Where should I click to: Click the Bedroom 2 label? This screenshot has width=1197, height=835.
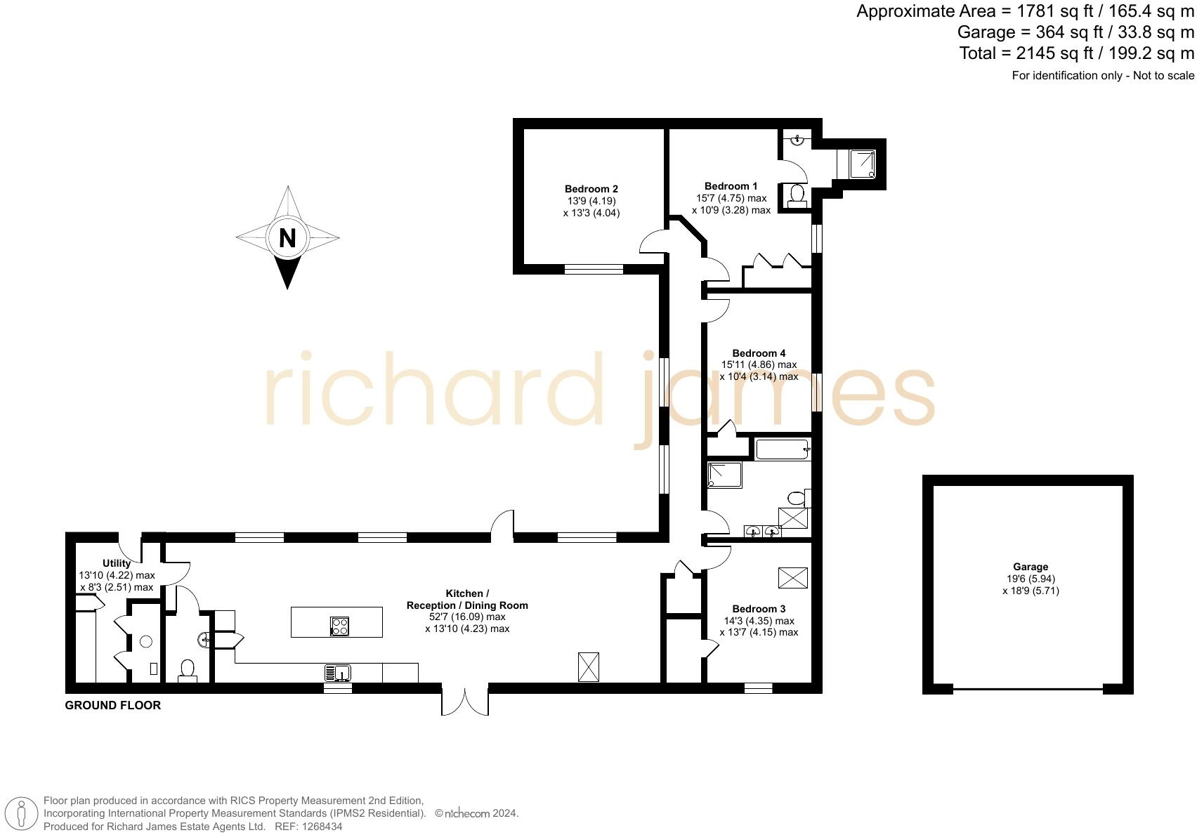(591, 189)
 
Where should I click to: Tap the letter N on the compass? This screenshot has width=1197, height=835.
(287, 238)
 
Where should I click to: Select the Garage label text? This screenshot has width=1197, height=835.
(1030, 567)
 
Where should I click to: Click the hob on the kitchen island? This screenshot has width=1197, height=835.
(340, 626)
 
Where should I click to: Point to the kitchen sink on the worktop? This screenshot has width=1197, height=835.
(338, 673)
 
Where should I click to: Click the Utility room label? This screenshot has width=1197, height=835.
(117, 563)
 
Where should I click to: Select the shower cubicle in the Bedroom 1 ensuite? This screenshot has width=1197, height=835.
(863, 164)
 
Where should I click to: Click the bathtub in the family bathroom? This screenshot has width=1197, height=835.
(782, 449)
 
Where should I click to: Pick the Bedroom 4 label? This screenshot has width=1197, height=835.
(759, 353)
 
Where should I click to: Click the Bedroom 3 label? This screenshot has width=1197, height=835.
(759, 609)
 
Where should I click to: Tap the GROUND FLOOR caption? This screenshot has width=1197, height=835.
(113, 705)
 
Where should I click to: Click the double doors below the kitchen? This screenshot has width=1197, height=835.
(464, 702)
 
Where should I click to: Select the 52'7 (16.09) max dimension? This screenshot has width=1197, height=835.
(467, 617)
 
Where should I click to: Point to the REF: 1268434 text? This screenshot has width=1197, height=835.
(308, 827)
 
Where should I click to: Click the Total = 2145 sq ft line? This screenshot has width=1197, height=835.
(1076, 53)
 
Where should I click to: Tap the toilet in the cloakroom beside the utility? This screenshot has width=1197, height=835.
(188, 669)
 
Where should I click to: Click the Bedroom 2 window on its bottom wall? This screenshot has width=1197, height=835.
(594, 268)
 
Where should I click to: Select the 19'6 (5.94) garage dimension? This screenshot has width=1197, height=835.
(1030, 579)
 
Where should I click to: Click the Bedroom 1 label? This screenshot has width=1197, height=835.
(731, 186)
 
